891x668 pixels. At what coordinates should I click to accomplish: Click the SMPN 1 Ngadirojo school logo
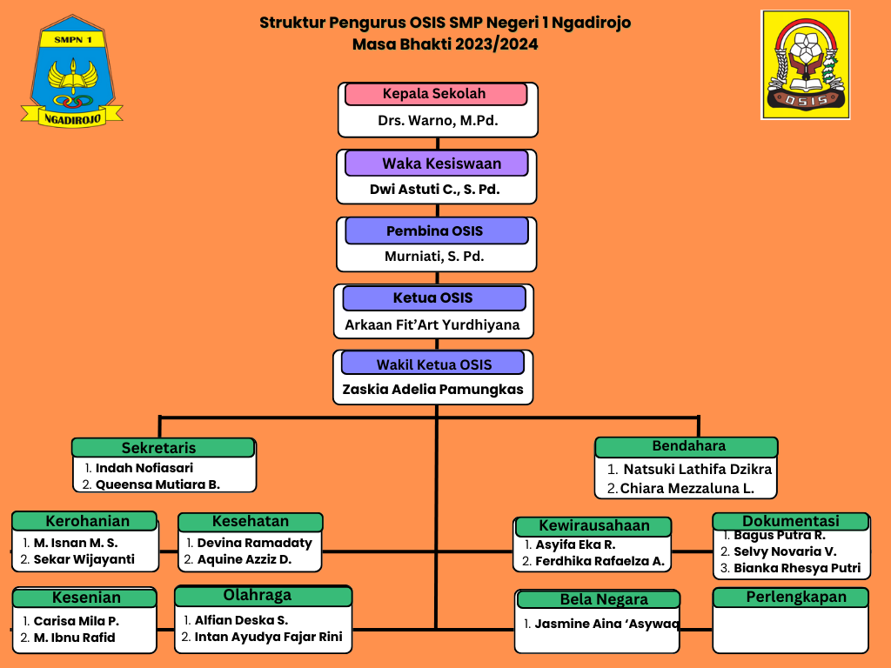click(x=72, y=71)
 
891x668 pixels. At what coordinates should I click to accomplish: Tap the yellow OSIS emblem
click(x=805, y=64)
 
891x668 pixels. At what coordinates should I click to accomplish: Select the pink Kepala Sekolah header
click(x=436, y=94)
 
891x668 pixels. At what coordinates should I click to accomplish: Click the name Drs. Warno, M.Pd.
click(x=439, y=120)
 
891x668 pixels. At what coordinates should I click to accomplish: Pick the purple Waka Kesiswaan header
click(x=437, y=164)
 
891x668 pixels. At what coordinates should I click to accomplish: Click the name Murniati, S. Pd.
click(x=435, y=257)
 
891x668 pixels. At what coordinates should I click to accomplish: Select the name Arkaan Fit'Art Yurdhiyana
click(x=432, y=325)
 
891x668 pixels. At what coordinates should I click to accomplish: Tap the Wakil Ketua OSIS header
click(x=433, y=364)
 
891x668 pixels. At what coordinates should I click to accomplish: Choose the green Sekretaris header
click(x=163, y=448)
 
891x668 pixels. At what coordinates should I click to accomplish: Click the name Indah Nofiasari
click(x=144, y=468)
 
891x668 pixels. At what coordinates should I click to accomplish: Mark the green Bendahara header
click(x=686, y=446)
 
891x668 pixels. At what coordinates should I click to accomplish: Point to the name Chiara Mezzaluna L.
click(x=687, y=489)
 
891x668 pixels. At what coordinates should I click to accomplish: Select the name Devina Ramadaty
click(x=255, y=543)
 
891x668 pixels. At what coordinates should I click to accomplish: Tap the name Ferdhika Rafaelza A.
click(x=600, y=561)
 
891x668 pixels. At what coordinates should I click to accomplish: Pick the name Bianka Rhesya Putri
click(x=797, y=568)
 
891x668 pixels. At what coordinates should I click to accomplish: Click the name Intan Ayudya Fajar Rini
click(x=269, y=637)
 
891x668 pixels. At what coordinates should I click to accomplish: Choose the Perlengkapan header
click(x=791, y=598)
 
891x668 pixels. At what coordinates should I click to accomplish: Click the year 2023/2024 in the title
click(x=496, y=44)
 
